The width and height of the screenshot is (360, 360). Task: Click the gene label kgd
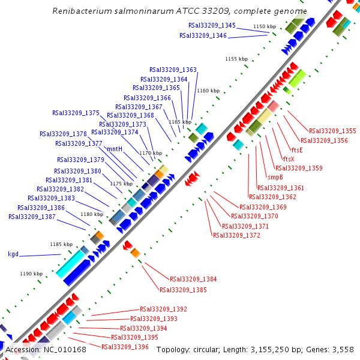click(13, 254)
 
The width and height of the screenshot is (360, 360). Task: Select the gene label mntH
click(115, 149)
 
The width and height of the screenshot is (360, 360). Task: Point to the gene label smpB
click(275, 177)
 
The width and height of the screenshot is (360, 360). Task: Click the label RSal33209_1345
click(212, 26)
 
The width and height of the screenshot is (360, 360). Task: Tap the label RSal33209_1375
click(76, 113)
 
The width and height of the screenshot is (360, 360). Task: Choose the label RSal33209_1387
click(32, 217)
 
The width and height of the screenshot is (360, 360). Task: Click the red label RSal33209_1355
click(332, 131)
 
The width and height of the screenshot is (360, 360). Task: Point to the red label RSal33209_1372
click(236, 236)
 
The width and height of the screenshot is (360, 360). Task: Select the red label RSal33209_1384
click(193, 280)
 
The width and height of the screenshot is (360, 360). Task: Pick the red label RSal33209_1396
click(125, 347)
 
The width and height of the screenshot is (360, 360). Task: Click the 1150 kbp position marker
click(265, 27)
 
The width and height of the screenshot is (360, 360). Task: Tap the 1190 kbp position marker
click(31, 274)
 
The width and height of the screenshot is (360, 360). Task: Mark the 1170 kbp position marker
click(151, 153)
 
